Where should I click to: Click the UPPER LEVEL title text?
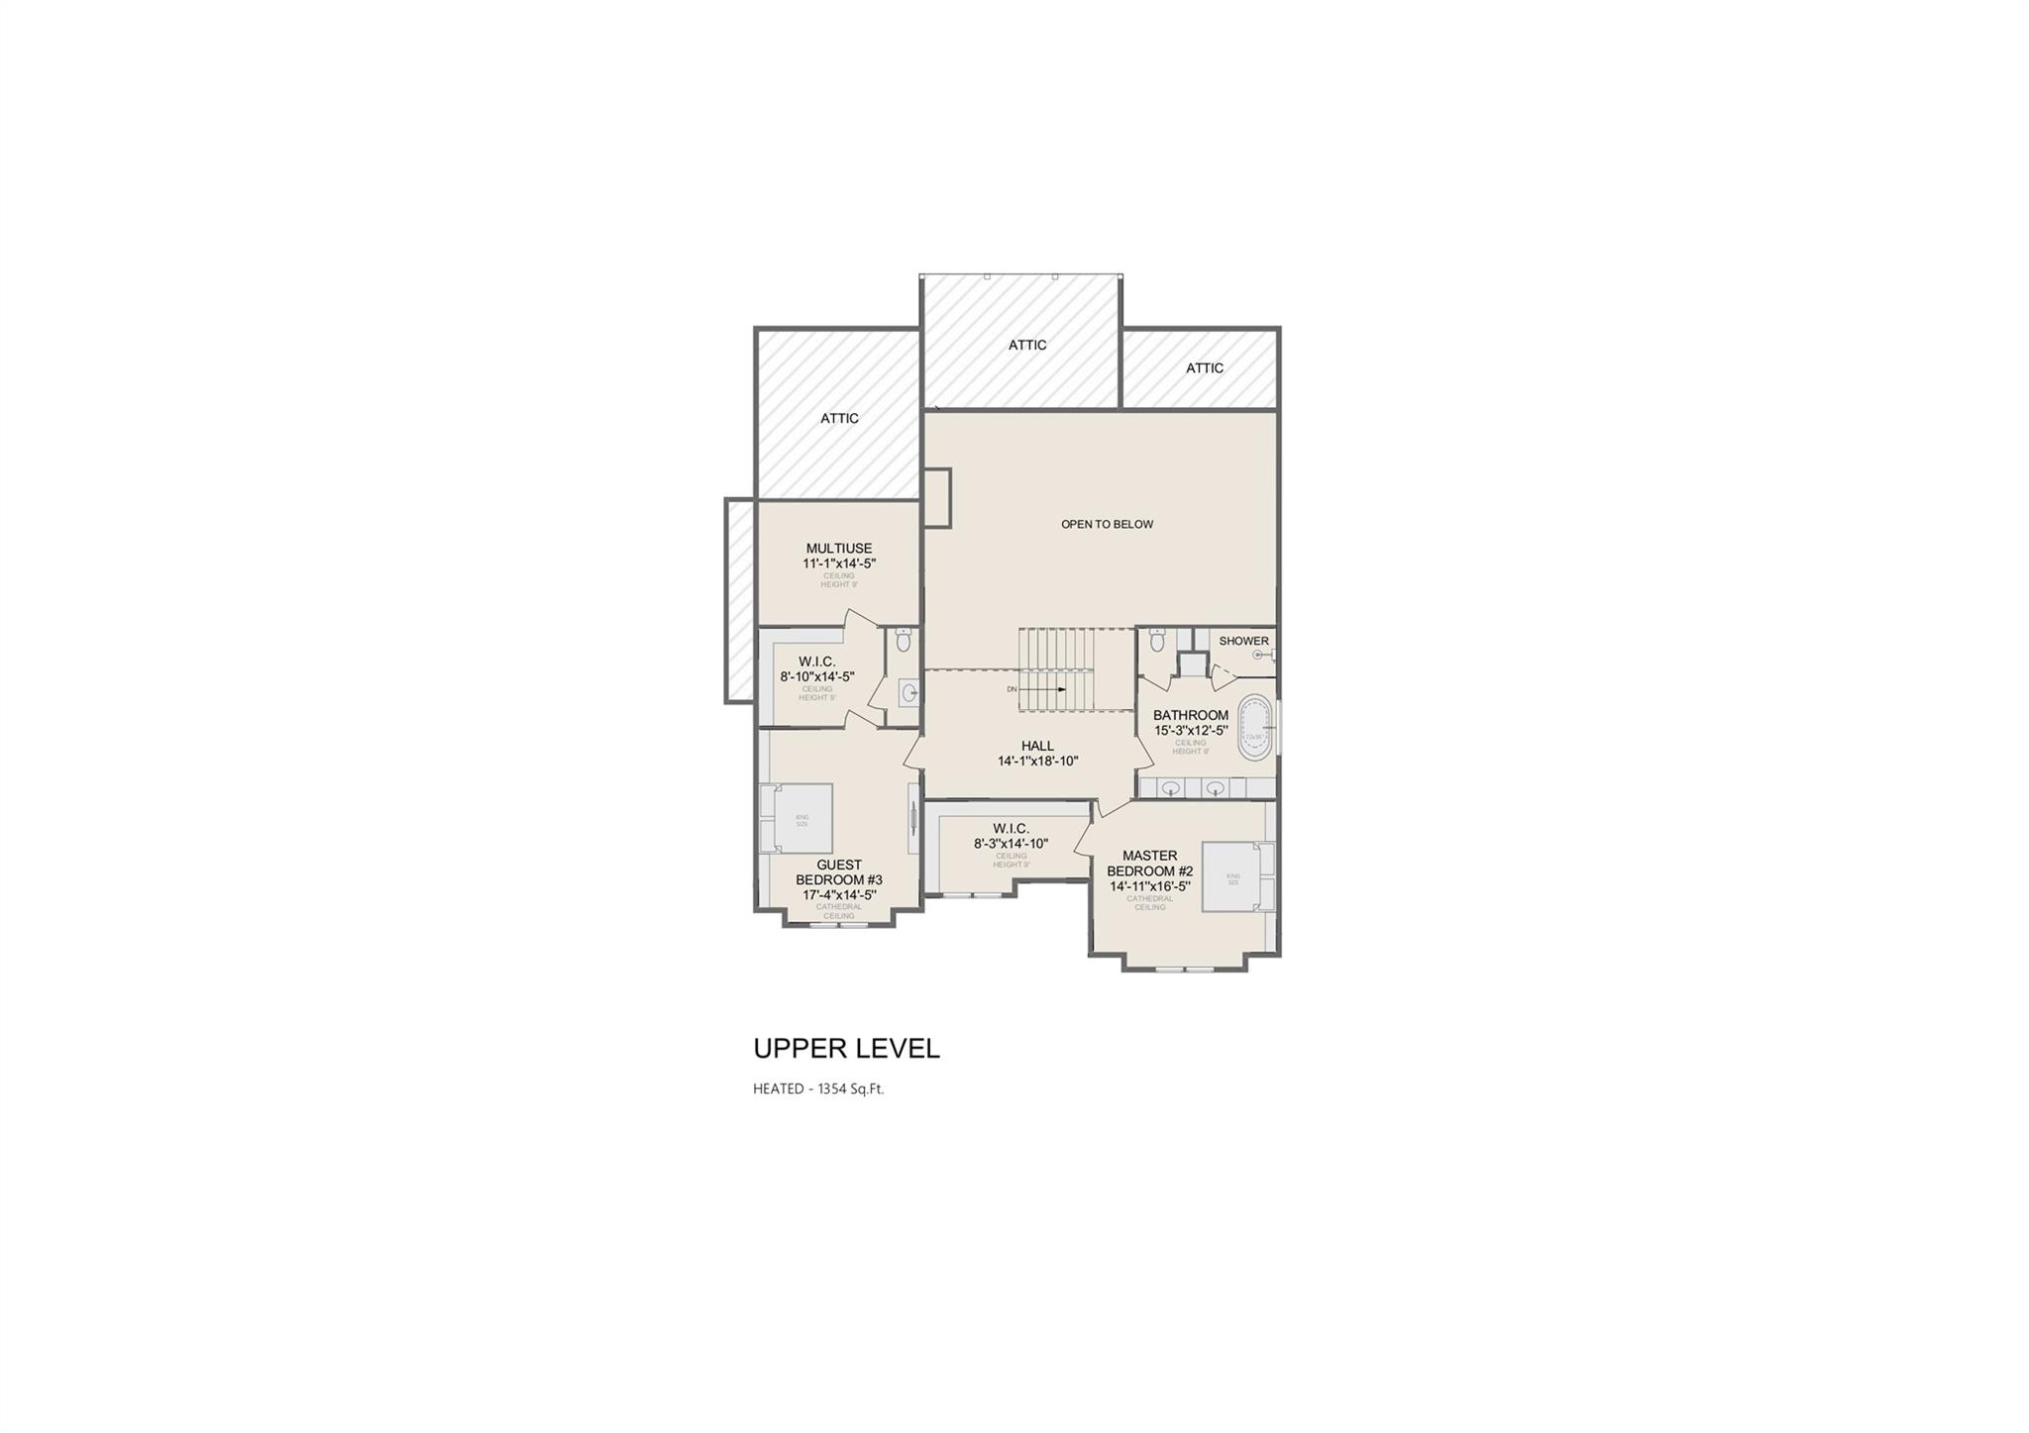tap(846, 1049)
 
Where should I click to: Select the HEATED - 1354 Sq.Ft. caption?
tap(817, 1089)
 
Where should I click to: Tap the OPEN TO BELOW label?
tap(1107, 524)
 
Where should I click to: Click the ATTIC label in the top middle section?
tap(1027, 345)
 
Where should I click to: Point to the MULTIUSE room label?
tap(839, 549)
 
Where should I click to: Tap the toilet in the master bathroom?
tap(1156, 641)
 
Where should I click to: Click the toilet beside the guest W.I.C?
tap(903, 640)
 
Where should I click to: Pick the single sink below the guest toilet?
tap(908, 692)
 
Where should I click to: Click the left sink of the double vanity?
tap(1171, 788)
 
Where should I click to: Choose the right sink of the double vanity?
tap(1216, 788)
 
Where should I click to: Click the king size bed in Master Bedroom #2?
tap(1236, 876)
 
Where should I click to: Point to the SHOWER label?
tap(1243, 641)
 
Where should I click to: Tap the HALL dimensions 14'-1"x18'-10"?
tap(1037, 762)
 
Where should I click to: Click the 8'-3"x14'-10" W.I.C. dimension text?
tap(1011, 844)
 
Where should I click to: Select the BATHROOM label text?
tap(1190, 715)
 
